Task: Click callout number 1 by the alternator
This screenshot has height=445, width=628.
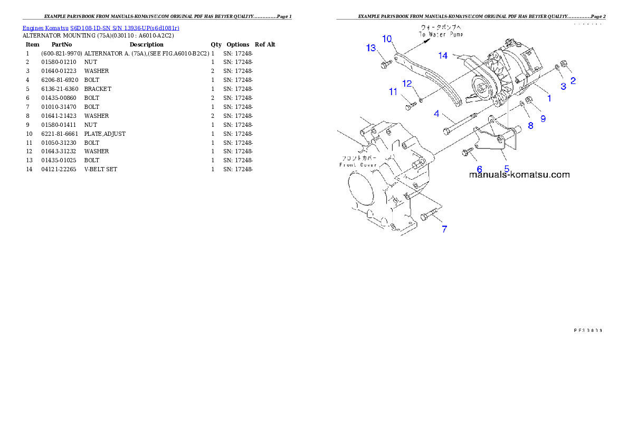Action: click(549, 98)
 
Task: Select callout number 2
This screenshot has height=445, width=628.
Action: click(573, 81)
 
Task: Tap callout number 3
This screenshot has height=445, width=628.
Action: click(563, 86)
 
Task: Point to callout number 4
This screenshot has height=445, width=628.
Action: click(437, 114)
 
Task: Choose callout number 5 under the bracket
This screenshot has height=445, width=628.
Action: click(507, 169)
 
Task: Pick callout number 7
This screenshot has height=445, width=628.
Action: click(444, 229)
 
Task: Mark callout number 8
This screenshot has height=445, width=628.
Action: click(530, 125)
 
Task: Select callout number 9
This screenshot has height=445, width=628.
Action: click(543, 118)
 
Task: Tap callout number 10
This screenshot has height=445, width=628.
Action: click(387, 39)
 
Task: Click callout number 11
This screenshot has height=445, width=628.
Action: click(393, 92)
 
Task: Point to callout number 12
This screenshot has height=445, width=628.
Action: click(407, 83)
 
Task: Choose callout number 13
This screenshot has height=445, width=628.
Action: click(371, 48)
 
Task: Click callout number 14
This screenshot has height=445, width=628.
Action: click(442, 55)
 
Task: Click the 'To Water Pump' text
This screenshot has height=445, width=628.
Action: click(441, 34)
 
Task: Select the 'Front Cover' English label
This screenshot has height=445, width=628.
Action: click(358, 165)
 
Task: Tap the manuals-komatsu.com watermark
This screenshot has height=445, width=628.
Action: click(519, 174)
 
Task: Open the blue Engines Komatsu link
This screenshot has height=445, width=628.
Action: click(101, 27)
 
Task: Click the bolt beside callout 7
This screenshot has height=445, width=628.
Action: click(430, 215)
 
